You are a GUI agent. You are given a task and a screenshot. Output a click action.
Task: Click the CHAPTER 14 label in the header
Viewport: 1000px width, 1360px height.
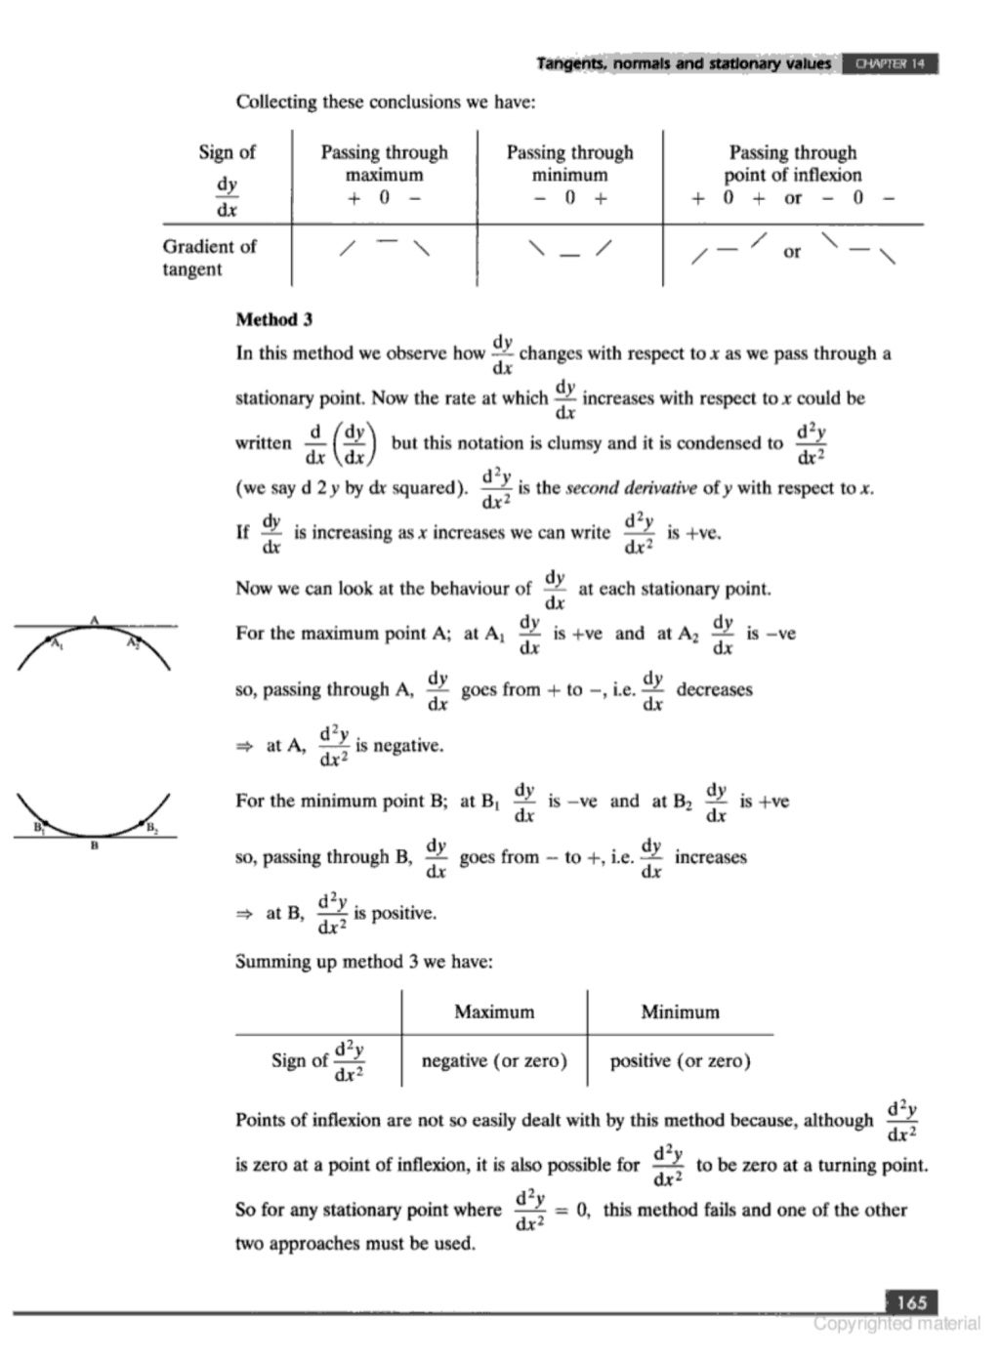[x=889, y=64]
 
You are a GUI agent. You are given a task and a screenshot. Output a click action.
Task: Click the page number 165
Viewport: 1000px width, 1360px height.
[x=910, y=1301]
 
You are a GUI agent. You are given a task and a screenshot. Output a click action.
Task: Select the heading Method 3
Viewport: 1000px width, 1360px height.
[x=273, y=319]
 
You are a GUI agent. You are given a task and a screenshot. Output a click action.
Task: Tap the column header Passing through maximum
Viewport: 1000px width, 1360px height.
[x=384, y=163]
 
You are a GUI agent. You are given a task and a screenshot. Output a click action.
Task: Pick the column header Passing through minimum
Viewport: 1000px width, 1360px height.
[x=569, y=163]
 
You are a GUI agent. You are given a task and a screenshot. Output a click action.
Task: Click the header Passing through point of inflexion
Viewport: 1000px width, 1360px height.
[x=792, y=163]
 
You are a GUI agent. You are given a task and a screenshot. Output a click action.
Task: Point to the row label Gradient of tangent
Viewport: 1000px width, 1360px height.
[x=209, y=258]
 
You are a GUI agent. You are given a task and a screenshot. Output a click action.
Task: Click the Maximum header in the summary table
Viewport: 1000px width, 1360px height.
[x=494, y=1011]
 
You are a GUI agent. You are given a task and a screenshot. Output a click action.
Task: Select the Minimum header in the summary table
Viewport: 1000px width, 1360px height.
[x=680, y=1011]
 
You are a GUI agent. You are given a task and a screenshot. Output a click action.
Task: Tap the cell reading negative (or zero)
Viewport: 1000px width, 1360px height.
[x=494, y=1060]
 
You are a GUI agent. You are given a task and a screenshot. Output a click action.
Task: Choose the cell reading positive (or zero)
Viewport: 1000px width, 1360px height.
[x=680, y=1060]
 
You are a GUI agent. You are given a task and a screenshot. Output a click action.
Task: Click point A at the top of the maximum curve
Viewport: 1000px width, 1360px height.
[x=95, y=620]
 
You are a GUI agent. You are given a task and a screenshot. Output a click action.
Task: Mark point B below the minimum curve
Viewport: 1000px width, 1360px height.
[x=94, y=845]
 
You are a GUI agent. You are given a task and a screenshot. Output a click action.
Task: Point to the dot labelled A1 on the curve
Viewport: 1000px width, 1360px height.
[x=51, y=640]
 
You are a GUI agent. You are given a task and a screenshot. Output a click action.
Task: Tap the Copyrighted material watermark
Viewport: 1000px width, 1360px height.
[x=896, y=1324]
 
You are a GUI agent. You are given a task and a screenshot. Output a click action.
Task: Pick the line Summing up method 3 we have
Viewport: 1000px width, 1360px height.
[x=364, y=962]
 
